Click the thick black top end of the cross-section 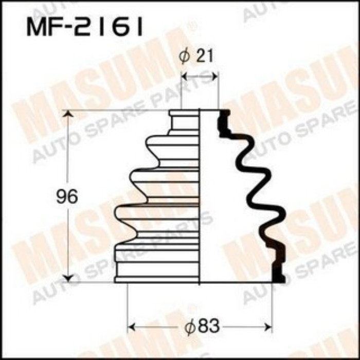(x=224, y=121)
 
